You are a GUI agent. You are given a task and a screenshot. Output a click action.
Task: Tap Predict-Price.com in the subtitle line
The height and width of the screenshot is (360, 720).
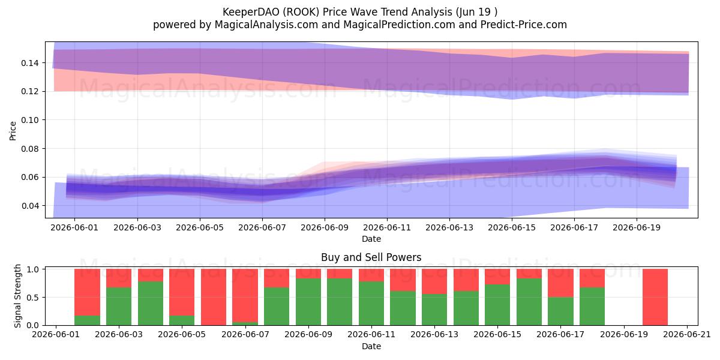[524, 25]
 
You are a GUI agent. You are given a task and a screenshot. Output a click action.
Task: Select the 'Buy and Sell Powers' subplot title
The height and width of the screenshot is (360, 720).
[371, 257]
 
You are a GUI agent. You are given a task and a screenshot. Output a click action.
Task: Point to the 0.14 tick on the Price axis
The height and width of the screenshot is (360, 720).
[30, 63]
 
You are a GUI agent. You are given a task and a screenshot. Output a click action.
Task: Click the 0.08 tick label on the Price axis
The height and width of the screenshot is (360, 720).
[30, 149]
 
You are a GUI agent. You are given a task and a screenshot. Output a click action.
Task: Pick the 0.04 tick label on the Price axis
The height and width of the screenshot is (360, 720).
[30, 206]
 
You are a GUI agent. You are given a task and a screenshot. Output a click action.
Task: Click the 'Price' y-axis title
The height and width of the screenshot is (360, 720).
[13, 131]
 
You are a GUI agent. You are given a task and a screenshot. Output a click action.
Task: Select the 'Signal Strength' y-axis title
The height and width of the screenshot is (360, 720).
[17, 296]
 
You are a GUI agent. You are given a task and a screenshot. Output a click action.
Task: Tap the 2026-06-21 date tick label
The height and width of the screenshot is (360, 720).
[687, 335]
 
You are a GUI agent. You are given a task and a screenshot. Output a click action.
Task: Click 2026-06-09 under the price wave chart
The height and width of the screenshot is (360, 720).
[325, 227]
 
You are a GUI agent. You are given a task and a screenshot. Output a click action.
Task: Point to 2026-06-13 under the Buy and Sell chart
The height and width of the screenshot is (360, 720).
[434, 335]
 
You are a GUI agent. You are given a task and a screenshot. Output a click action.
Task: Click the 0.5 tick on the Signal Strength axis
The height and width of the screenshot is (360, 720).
[33, 298]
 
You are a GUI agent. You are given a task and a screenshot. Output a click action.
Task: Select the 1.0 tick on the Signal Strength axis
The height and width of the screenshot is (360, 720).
[33, 269]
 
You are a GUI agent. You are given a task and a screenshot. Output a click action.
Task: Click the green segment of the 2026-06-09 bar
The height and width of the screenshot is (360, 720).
[308, 302]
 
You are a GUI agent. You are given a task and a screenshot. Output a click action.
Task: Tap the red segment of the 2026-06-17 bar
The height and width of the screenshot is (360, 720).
[560, 283]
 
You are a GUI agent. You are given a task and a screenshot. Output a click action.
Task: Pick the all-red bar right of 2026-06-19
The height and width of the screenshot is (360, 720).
[655, 298]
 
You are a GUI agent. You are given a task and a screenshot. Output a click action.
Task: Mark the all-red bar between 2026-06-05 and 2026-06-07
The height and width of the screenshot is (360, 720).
[214, 298]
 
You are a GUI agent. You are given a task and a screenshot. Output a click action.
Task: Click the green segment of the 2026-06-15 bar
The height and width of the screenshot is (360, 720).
[497, 305]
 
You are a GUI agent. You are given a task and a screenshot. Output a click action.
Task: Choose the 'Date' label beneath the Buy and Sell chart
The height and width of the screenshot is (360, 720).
[371, 347]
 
